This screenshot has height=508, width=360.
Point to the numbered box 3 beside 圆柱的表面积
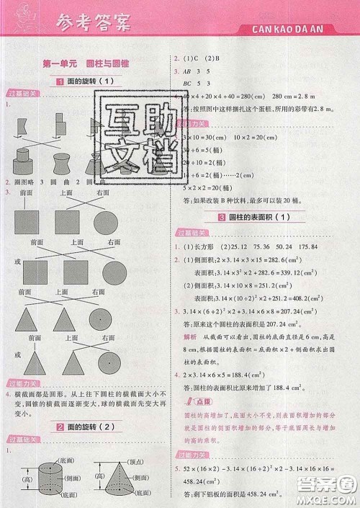[223, 218]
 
